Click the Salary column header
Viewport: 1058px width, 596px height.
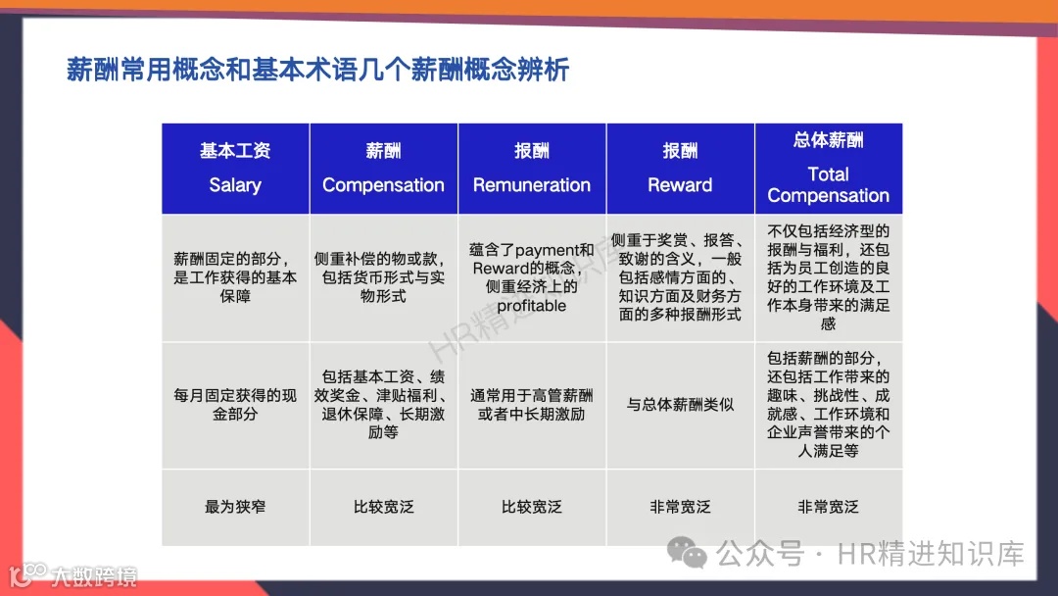pyautogui.click(x=235, y=169)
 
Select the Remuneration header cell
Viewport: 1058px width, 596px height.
pyautogui.click(x=532, y=169)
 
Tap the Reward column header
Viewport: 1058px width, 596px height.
pyautogui.click(x=680, y=169)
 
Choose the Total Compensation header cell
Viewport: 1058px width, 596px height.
pyautogui.click(x=828, y=169)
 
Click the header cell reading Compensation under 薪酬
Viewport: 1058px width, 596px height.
pyautogui.click(x=383, y=169)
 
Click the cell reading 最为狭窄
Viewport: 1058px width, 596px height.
pyautogui.click(x=235, y=507)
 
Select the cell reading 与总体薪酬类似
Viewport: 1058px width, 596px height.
pyautogui.click(x=680, y=404)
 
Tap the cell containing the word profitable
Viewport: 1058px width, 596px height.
pyautogui.click(x=532, y=277)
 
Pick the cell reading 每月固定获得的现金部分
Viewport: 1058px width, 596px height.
pyautogui.click(x=235, y=404)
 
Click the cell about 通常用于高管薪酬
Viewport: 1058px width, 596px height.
pyautogui.click(x=532, y=404)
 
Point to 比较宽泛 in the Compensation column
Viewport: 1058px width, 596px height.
pyautogui.click(x=383, y=507)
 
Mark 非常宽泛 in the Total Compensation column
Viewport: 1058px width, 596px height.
pyautogui.click(x=828, y=507)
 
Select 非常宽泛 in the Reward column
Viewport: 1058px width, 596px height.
pyautogui.click(x=680, y=507)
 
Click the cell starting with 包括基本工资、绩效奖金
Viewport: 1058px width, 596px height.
pyautogui.click(x=383, y=404)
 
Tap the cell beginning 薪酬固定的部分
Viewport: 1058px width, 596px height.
pyautogui.click(x=235, y=277)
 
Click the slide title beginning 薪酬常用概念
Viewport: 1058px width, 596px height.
pyautogui.click(x=317, y=71)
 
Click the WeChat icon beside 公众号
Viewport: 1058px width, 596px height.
pyautogui.click(x=694, y=554)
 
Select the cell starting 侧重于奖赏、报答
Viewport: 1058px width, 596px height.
pyautogui.click(x=680, y=277)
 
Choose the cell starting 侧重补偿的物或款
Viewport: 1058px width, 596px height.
pyautogui.click(x=383, y=277)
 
